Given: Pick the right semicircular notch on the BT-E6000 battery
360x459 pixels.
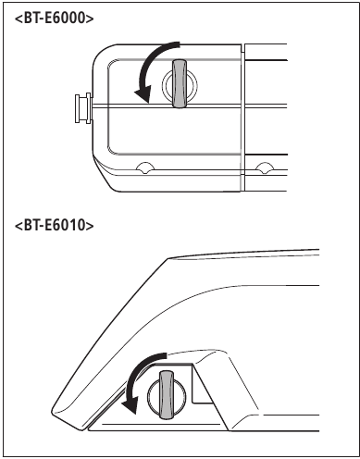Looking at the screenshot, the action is tap(265, 167).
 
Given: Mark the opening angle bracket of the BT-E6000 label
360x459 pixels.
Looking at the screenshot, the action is tap(19, 19).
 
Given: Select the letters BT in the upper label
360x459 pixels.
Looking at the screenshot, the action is tap(32, 19).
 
